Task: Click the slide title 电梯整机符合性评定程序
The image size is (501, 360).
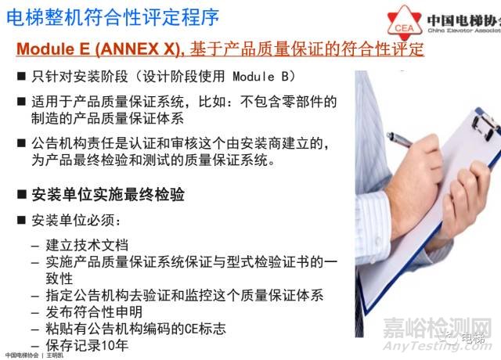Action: click(x=113, y=17)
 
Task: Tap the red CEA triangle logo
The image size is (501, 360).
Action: click(x=405, y=23)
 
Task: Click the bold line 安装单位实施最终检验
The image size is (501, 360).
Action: click(x=108, y=195)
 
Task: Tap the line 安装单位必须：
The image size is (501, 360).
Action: click(x=76, y=221)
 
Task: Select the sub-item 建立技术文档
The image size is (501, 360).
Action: click(x=87, y=245)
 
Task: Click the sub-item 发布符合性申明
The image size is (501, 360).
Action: click(x=94, y=311)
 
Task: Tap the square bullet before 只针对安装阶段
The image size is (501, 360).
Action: click(x=21, y=76)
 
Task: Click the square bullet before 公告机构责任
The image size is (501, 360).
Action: click(x=21, y=142)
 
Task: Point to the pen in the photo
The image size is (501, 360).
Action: click(x=400, y=140)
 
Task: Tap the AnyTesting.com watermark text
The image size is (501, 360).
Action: click(x=438, y=346)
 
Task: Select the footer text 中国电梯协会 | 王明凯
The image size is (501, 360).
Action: click(x=34, y=355)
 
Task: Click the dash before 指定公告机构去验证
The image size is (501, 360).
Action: click(x=35, y=296)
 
